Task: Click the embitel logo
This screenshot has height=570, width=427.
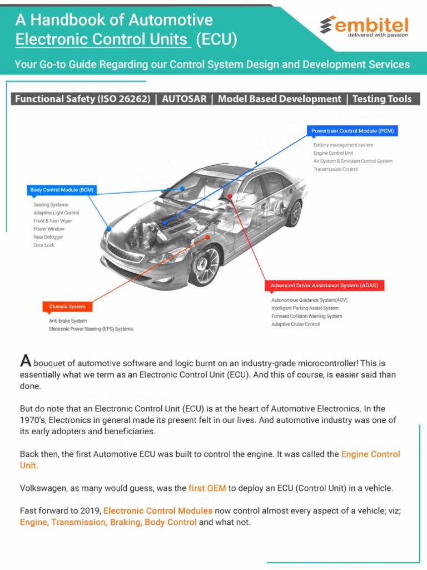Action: [364, 26]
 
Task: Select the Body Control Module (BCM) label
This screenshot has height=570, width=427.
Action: [62, 190]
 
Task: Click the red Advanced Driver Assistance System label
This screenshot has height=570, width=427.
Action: [324, 286]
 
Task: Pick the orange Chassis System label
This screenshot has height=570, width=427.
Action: [67, 307]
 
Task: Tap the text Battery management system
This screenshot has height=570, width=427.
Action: [343, 145]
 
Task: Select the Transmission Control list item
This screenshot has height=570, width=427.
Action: [335, 169]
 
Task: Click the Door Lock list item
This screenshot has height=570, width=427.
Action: [44, 245]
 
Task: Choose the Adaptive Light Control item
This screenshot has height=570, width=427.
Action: [56, 213]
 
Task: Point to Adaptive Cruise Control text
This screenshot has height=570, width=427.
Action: [295, 324]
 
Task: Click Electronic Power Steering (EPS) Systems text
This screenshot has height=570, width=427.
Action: [91, 329]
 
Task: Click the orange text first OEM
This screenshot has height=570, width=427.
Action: [207, 488]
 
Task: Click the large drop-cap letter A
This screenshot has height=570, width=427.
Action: [25, 361]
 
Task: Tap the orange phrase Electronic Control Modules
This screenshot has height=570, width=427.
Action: [158, 510]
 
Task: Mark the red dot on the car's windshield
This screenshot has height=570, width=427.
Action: [230, 196]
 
